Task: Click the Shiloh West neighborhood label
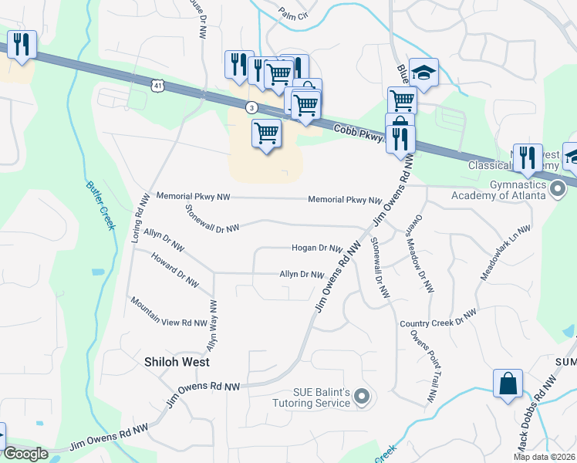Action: [x=177, y=361]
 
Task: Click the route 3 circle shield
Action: [x=251, y=106]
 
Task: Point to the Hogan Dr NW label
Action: [x=316, y=248]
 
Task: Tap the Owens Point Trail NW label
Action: [x=423, y=367]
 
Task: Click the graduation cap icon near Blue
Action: [x=423, y=73]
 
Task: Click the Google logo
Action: [x=25, y=454]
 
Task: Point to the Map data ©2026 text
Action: [x=543, y=457]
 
